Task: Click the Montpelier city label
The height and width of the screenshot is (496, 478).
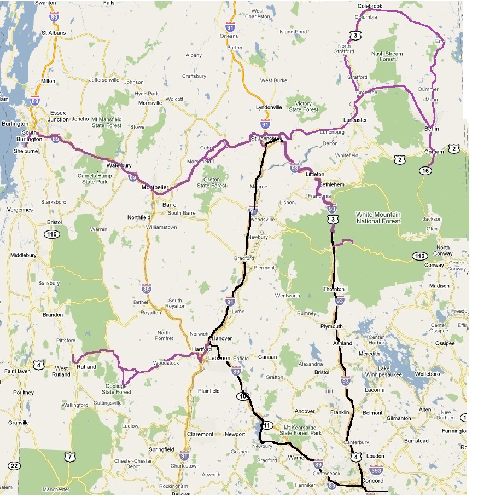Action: (154, 187)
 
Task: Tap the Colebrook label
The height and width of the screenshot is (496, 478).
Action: (370, 5)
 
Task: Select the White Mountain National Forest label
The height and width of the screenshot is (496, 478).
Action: (378, 218)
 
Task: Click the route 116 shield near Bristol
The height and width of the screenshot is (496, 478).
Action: (53, 234)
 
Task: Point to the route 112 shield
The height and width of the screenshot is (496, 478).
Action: (419, 256)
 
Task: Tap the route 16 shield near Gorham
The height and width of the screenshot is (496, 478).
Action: (425, 171)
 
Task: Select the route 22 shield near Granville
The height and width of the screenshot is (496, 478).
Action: (14, 465)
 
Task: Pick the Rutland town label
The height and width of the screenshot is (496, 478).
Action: (86, 367)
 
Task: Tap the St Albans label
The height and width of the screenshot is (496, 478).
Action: (53, 33)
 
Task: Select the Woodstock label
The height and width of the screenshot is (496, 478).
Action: (166, 363)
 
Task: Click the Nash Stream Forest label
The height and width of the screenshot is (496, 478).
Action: (387, 56)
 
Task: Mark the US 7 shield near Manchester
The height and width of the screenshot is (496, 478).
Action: (69, 456)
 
